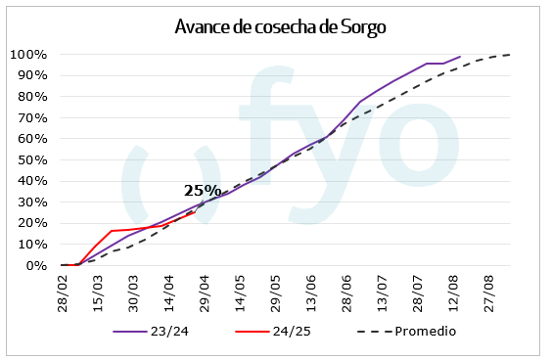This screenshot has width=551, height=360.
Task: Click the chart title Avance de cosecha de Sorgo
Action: point(280,26)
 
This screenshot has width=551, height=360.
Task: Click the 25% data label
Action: point(203,191)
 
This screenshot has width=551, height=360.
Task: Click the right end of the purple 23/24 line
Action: point(460,57)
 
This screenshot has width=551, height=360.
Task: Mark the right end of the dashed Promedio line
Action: point(510,55)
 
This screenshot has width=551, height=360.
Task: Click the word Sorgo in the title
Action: point(362,26)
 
